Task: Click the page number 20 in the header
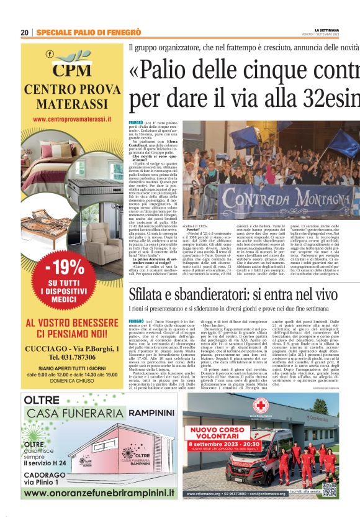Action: [24, 32]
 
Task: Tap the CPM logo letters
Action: [72, 70]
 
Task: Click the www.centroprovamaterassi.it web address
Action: [72, 118]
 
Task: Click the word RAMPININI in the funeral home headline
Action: [141, 417]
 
